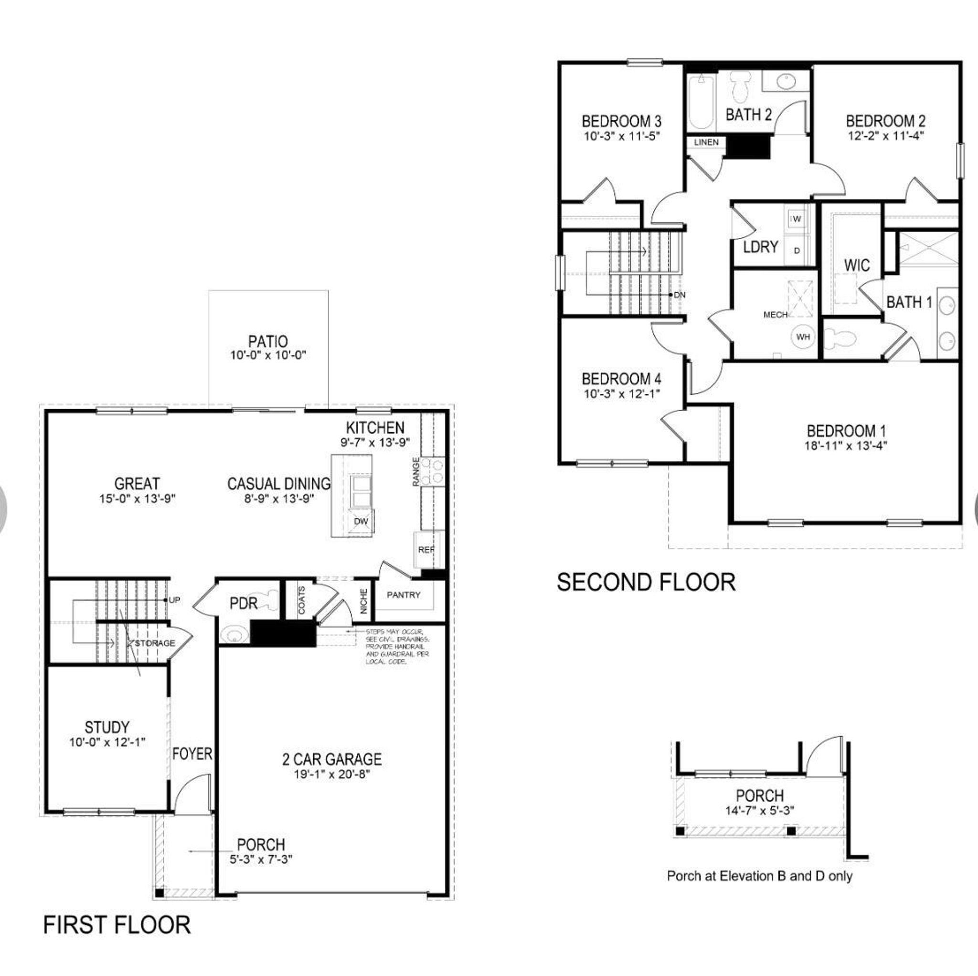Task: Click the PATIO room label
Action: click(x=268, y=341)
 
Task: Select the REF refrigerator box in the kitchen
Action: click(x=426, y=549)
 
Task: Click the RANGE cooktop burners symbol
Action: click(x=433, y=471)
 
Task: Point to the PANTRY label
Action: click(x=404, y=595)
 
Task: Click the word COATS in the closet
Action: click(x=302, y=600)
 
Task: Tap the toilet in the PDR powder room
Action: click(x=268, y=600)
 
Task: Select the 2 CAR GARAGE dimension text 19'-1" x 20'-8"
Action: click(x=332, y=774)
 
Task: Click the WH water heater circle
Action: click(x=803, y=337)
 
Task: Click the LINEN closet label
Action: click(x=706, y=142)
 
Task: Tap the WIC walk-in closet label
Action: click(x=857, y=265)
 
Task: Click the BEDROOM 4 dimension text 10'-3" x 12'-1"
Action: click(x=622, y=394)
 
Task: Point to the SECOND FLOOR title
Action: click(x=646, y=582)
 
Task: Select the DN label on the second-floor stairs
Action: click(x=680, y=295)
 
